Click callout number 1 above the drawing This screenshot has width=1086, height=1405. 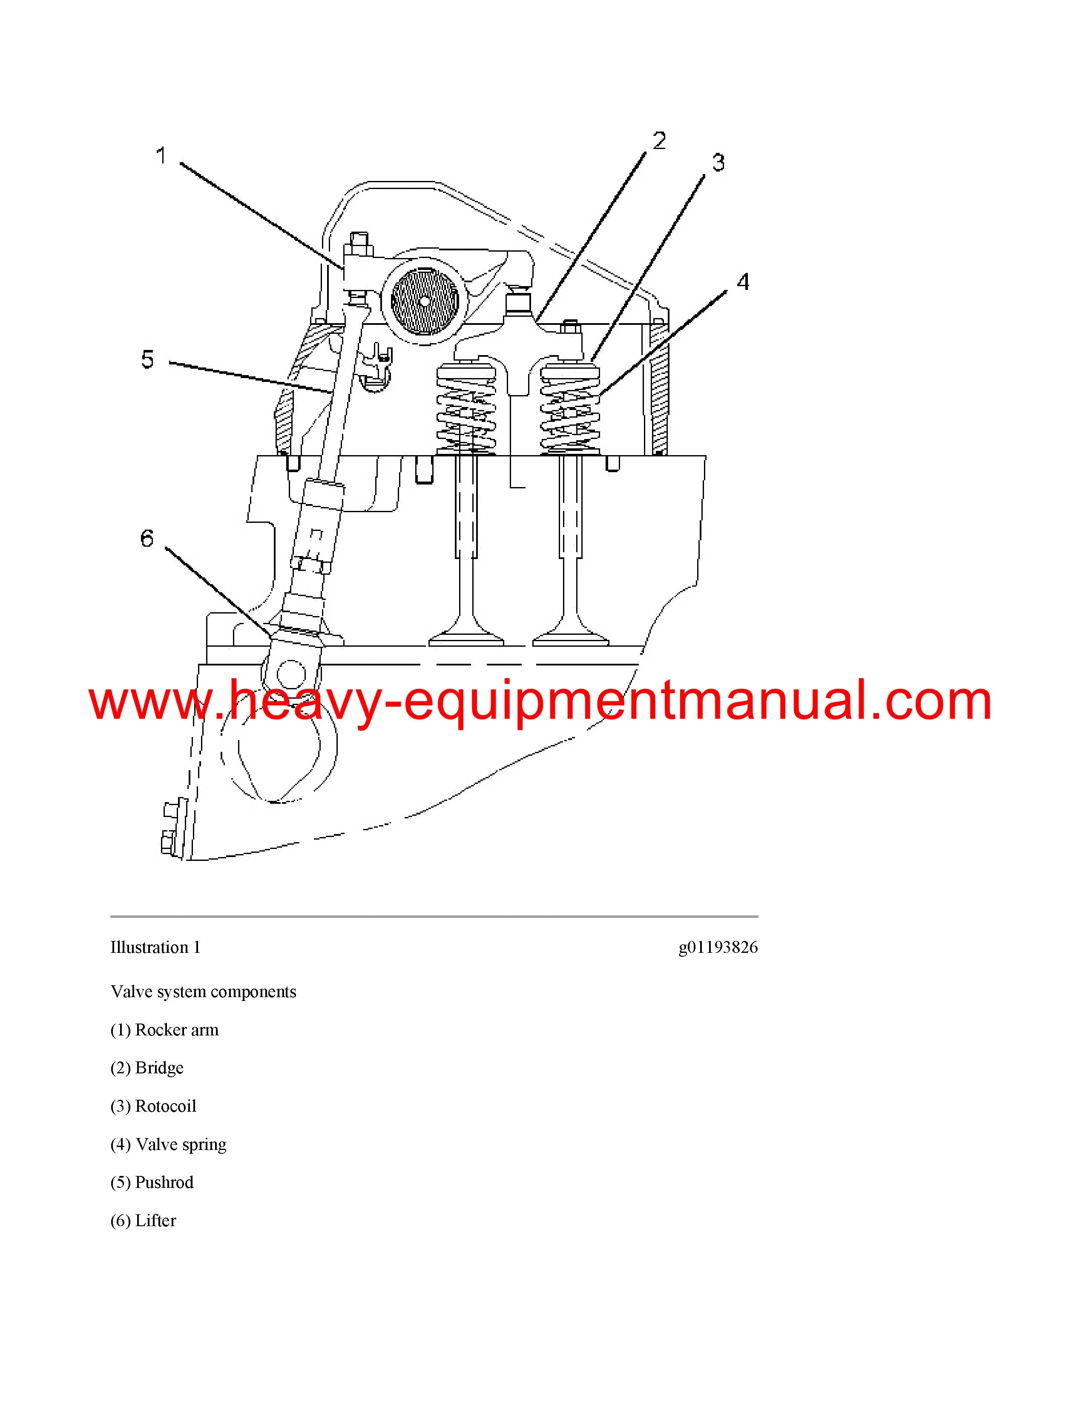(161, 156)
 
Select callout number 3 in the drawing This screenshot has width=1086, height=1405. (718, 163)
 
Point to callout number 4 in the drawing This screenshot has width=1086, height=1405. (743, 282)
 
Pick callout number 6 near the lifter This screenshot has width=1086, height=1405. (147, 539)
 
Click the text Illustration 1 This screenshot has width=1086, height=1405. (156, 948)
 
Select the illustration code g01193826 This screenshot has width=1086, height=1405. (718, 948)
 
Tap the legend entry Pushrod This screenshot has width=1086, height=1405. (152, 1182)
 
